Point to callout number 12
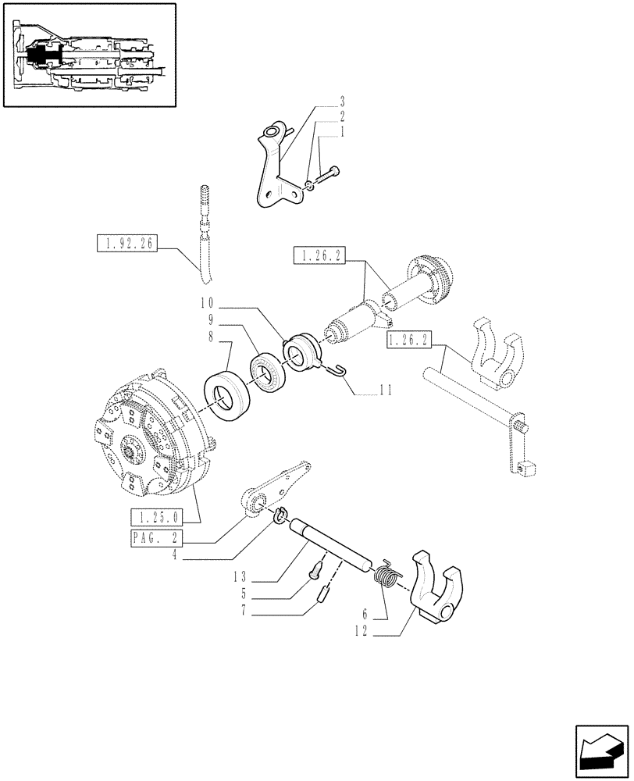click(x=362, y=635)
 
